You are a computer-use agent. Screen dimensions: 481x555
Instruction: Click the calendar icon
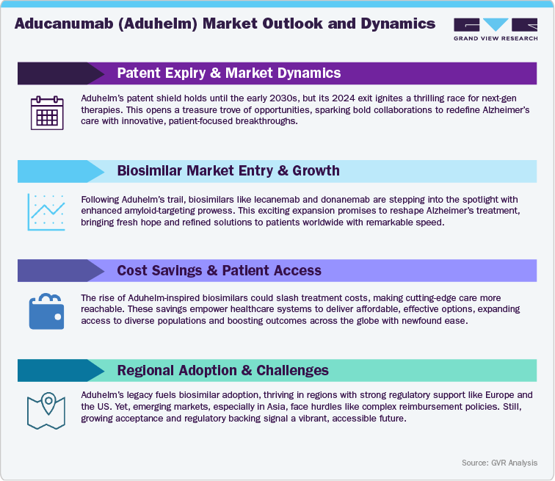[x=46, y=114]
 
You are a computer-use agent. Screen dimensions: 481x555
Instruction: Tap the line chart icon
[x=46, y=211]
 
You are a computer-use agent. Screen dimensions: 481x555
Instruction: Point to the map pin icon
[x=46, y=410]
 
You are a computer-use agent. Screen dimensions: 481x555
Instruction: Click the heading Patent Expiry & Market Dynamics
[x=228, y=73]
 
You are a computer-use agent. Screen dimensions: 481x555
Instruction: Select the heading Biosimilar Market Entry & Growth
[x=228, y=171]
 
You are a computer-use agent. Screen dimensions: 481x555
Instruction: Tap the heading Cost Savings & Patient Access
[x=219, y=270]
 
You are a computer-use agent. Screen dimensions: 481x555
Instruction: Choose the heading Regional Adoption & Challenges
[x=222, y=369]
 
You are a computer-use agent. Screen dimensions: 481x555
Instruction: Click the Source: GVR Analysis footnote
[x=500, y=463]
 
